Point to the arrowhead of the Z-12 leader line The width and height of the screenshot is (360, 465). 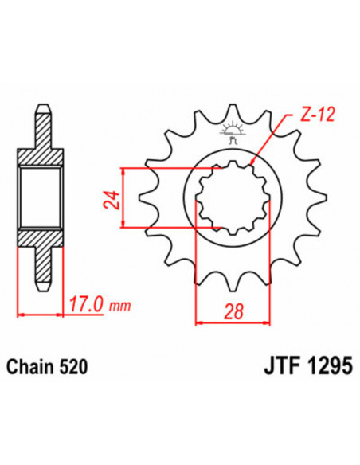pyautogui.click(x=253, y=162)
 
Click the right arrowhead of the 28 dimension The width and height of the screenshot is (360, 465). pyautogui.click(x=261, y=322)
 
